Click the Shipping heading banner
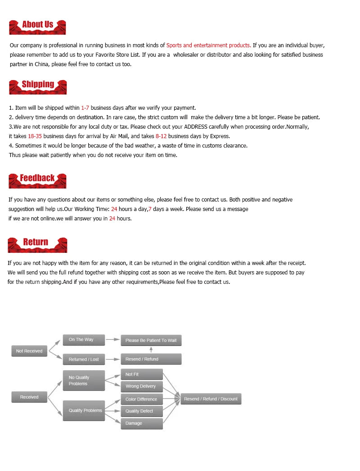tap(38, 86)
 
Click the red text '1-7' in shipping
tap(85, 108)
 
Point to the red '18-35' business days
tap(35, 136)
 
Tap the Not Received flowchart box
tap(29, 351)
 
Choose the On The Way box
tap(84, 340)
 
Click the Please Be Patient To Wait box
tap(151, 341)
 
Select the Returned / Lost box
tap(84, 359)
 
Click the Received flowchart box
tap(29, 397)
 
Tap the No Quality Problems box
tap(84, 381)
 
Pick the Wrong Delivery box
tap(142, 386)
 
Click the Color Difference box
tap(142, 399)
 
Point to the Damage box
tap(142, 423)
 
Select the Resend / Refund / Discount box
tap(211, 399)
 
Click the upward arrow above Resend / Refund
tap(151, 350)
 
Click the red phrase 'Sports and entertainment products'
tap(208, 45)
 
